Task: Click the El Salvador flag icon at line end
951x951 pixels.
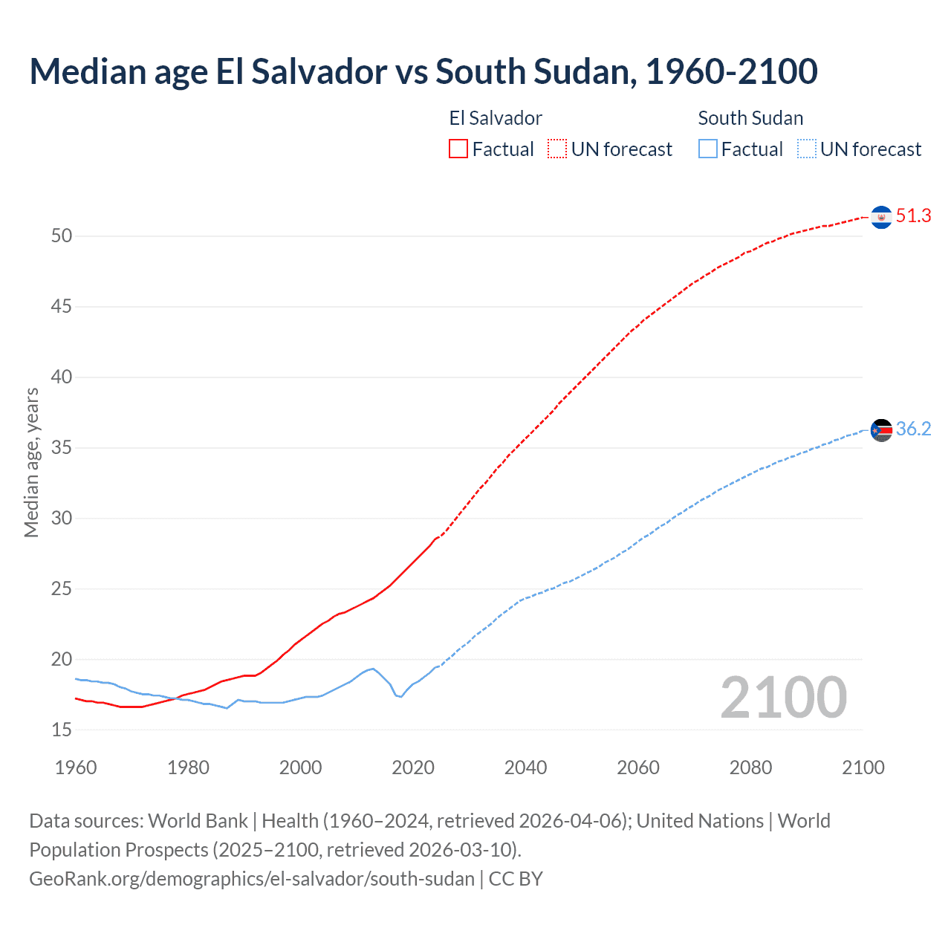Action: click(881, 217)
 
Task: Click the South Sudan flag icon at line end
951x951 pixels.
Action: click(881, 429)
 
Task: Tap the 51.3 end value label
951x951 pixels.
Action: click(913, 216)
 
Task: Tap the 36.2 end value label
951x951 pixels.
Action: click(913, 429)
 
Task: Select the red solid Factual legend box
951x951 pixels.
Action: click(458, 149)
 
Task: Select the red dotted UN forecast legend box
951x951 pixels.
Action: click(557, 149)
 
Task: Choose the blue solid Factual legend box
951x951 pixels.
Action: click(708, 149)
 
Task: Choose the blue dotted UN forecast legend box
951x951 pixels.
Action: click(807, 149)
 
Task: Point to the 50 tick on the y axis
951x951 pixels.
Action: click(62, 236)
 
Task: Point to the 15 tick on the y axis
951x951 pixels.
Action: click(62, 730)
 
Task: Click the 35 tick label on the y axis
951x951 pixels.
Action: click(62, 448)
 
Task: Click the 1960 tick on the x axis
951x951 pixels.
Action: click(76, 767)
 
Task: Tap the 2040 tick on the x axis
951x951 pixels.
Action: click(525, 767)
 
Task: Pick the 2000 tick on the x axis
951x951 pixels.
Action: click(300, 767)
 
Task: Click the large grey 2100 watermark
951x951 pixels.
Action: click(783, 698)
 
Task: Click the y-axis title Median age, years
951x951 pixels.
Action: click(31, 462)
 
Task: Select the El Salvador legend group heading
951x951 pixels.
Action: click(496, 118)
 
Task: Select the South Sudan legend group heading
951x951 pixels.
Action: click(750, 118)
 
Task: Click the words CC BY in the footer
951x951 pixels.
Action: click(516, 879)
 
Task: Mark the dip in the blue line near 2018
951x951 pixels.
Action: click(400, 696)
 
